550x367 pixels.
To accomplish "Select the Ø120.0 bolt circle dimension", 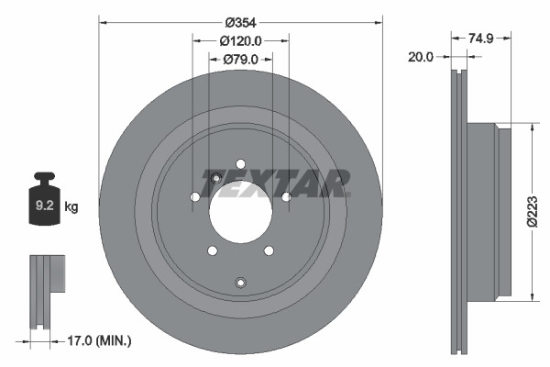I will point(242,40).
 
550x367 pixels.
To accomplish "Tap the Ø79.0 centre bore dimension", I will point(241,60).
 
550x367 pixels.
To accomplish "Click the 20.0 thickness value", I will point(421,57).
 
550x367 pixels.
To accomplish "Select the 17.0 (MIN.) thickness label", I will point(101,341).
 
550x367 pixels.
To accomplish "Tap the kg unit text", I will point(71,207).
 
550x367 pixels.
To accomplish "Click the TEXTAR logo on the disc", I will point(275,182).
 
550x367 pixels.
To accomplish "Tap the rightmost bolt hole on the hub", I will point(286,196).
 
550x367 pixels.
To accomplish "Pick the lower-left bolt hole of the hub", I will point(212,250).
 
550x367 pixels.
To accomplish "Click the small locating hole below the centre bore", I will point(240,282).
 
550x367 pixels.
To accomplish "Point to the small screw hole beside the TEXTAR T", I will point(215,178).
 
